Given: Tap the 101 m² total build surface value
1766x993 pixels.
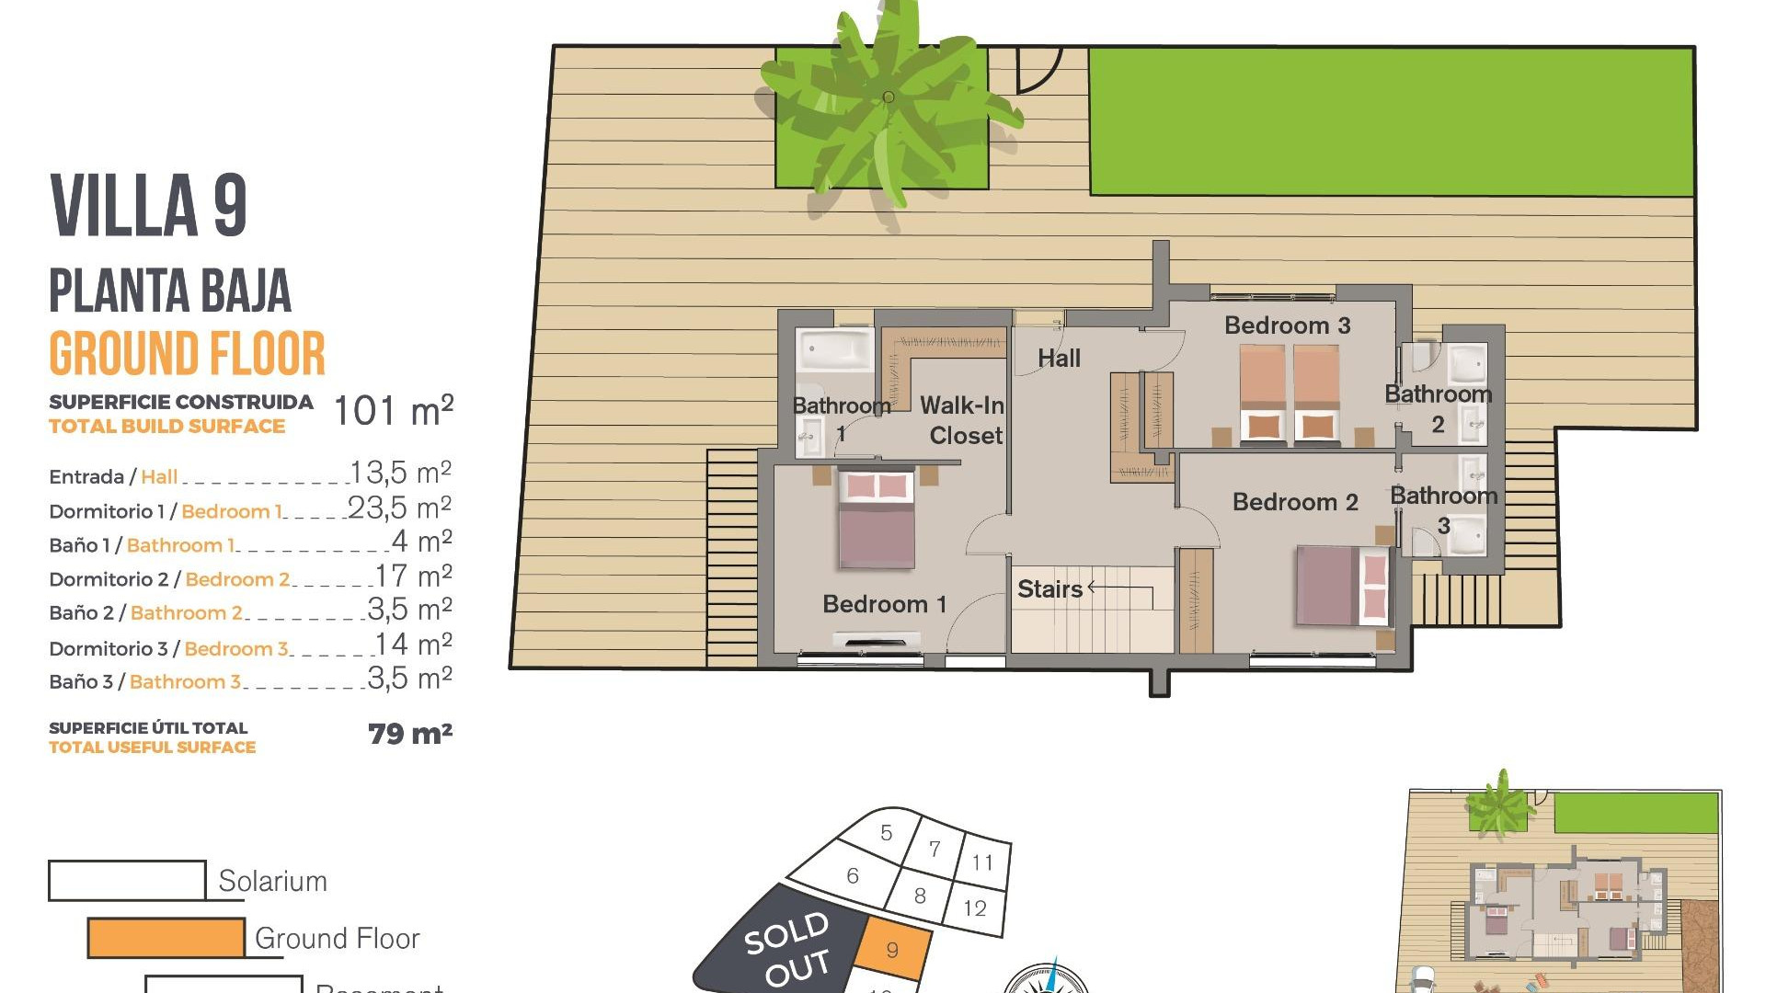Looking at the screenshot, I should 393,411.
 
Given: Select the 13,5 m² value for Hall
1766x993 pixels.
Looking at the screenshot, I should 400,473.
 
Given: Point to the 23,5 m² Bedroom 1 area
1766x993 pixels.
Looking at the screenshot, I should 399,508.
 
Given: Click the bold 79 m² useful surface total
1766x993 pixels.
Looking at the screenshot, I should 409,734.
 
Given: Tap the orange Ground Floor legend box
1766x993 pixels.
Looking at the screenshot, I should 166,938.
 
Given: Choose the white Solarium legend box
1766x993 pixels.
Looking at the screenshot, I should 127,880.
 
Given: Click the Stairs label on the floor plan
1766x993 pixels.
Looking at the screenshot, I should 1049,589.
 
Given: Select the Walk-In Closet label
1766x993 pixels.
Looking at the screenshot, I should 963,420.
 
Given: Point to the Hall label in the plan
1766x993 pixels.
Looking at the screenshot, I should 1059,359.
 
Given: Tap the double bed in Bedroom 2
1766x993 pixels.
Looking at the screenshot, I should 1342,586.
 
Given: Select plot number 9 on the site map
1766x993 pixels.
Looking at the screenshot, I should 892,950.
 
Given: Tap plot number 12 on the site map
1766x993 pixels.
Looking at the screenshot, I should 975,908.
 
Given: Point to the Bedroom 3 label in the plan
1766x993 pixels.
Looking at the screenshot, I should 1287,325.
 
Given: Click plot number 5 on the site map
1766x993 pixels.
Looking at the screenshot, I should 886,833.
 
